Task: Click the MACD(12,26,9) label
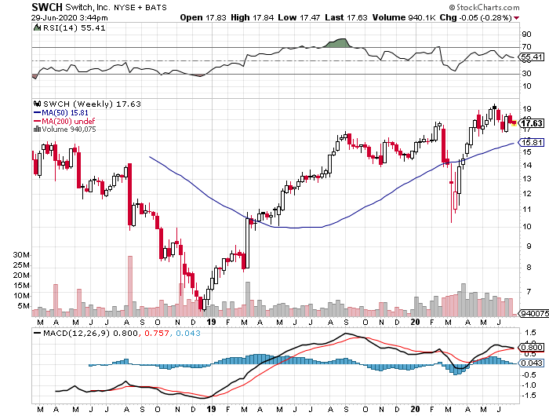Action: pyautogui.click(x=72, y=334)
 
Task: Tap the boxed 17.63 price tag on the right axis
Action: pyautogui.click(x=532, y=123)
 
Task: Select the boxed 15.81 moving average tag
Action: pyautogui.click(x=532, y=142)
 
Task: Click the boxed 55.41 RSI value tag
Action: pyautogui.click(x=532, y=57)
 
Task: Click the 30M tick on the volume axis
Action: pyautogui.click(x=21, y=256)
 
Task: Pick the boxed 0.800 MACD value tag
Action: pyautogui.click(x=532, y=347)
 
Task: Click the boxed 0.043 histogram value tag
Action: pyautogui.click(x=532, y=362)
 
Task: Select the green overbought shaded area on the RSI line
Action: pyautogui.click(x=340, y=42)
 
